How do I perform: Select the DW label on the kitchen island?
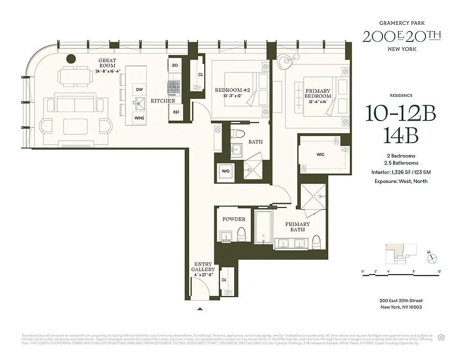coord(139,90)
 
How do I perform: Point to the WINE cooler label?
coord(139,118)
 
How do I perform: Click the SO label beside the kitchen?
coord(175,65)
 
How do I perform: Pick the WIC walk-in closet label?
coord(321,154)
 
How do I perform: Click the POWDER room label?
coord(234,219)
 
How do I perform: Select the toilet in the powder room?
coord(241,234)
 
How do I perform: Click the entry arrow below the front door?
coord(200,309)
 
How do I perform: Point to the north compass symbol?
coord(433,258)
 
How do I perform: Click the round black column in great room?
coord(71,58)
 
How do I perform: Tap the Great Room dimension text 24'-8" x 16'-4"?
coord(107,71)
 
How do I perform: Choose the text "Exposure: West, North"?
coord(400,181)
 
